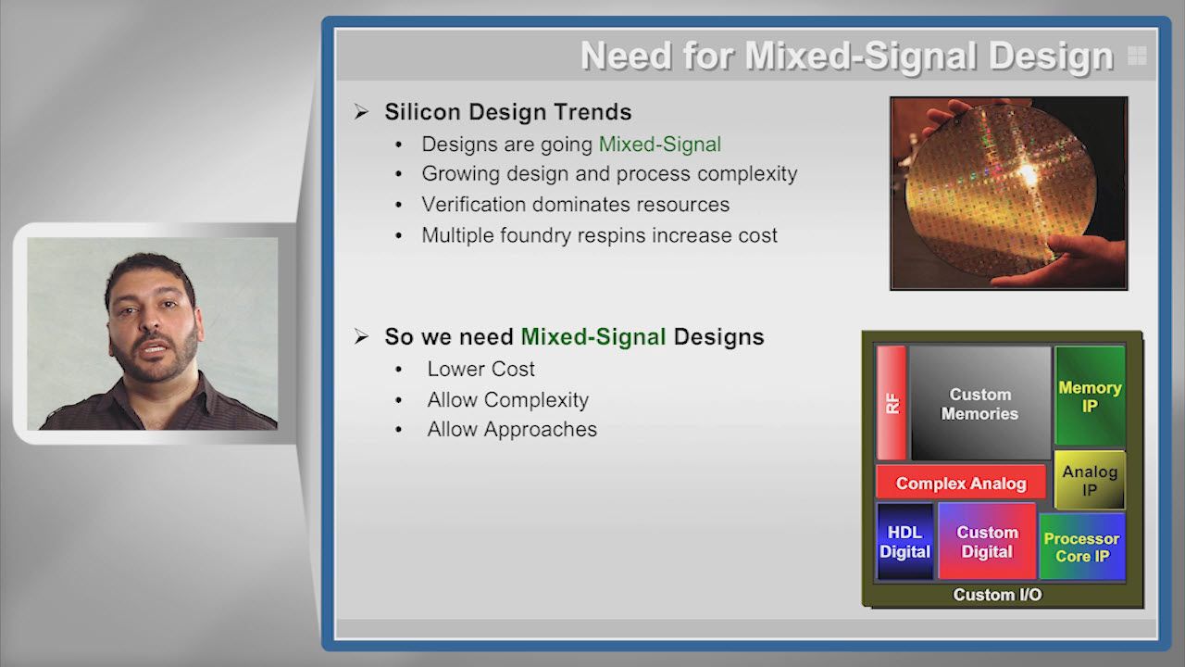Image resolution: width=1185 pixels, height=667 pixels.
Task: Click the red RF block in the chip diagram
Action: [x=892, y=403]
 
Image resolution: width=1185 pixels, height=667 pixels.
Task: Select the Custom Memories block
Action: [x=980, y=403]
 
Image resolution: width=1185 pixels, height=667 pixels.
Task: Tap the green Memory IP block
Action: [x=1090, y=396]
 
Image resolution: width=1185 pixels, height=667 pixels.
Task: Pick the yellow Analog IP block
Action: [x=1090, y=480]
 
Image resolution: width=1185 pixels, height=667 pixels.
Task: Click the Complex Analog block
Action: [x=961, y=483]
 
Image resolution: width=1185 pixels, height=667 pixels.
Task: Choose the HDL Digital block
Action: [x=905, y=542]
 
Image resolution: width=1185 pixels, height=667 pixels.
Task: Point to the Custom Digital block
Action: [x=987, y=542]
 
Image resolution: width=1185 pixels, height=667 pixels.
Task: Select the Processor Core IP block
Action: [x=1082, y=547]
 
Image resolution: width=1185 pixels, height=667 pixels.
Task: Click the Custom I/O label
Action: [x=997, y=595]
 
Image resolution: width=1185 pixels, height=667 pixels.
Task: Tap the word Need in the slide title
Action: [x=627, y=56]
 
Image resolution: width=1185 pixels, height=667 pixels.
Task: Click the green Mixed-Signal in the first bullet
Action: [x=660, y=144]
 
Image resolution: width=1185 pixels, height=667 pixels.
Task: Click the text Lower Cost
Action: [x=480, y=369]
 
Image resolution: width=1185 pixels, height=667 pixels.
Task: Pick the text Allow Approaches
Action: [x=512, y=429]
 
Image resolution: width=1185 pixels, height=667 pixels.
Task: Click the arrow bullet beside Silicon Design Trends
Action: [x=361, y=112]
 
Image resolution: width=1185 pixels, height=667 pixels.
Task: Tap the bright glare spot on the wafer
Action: [x=1028, y=173]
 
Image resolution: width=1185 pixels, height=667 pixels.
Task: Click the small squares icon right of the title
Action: [x=1137, y=55]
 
